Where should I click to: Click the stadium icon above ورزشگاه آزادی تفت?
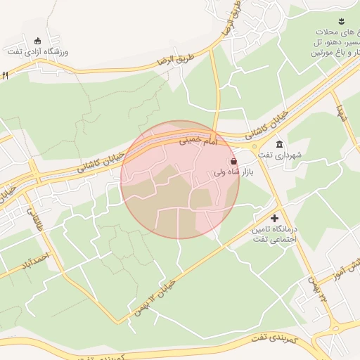(x=37, y=39)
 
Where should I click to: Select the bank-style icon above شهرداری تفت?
(x=279, y=143)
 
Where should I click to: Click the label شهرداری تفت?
(x=279, y=155)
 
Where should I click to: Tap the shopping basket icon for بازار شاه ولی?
(x=233, y=162)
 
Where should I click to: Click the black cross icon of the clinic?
(x=274, y=219)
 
